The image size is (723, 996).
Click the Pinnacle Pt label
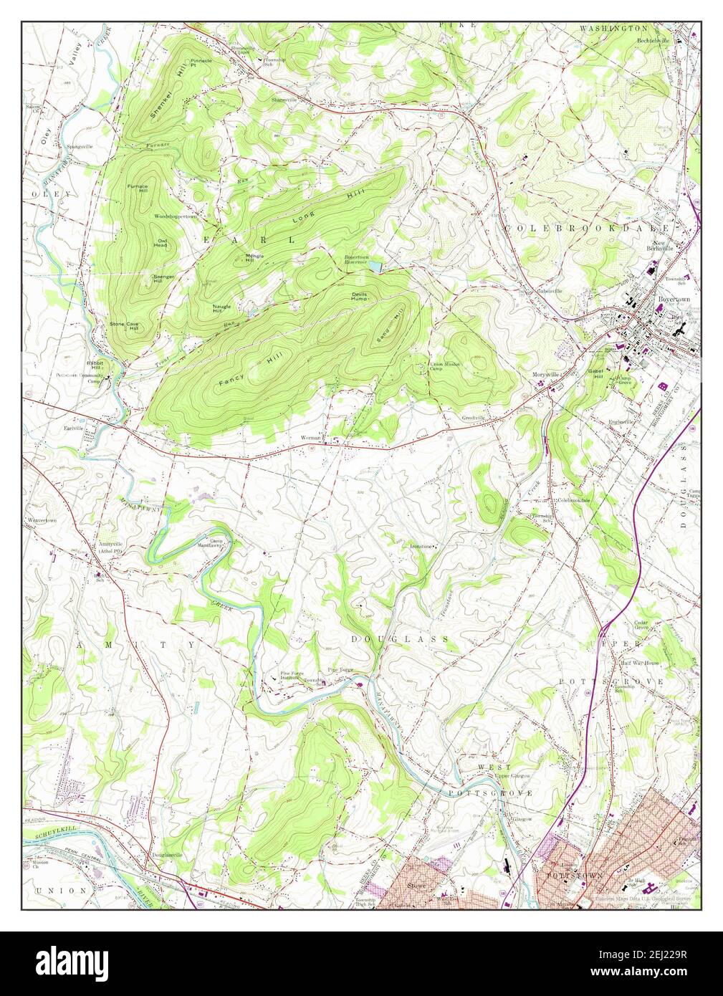(201, 63)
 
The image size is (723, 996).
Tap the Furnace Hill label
(138, 189)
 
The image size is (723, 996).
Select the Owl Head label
(161, 244)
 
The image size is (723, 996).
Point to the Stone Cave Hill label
(123, 327)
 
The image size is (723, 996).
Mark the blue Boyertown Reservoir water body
(375, 268)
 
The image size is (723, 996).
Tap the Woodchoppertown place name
(175, 216)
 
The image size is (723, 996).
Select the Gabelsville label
(550, 292)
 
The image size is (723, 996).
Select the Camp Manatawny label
(220, 542)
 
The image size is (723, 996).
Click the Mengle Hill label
(255, 258)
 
